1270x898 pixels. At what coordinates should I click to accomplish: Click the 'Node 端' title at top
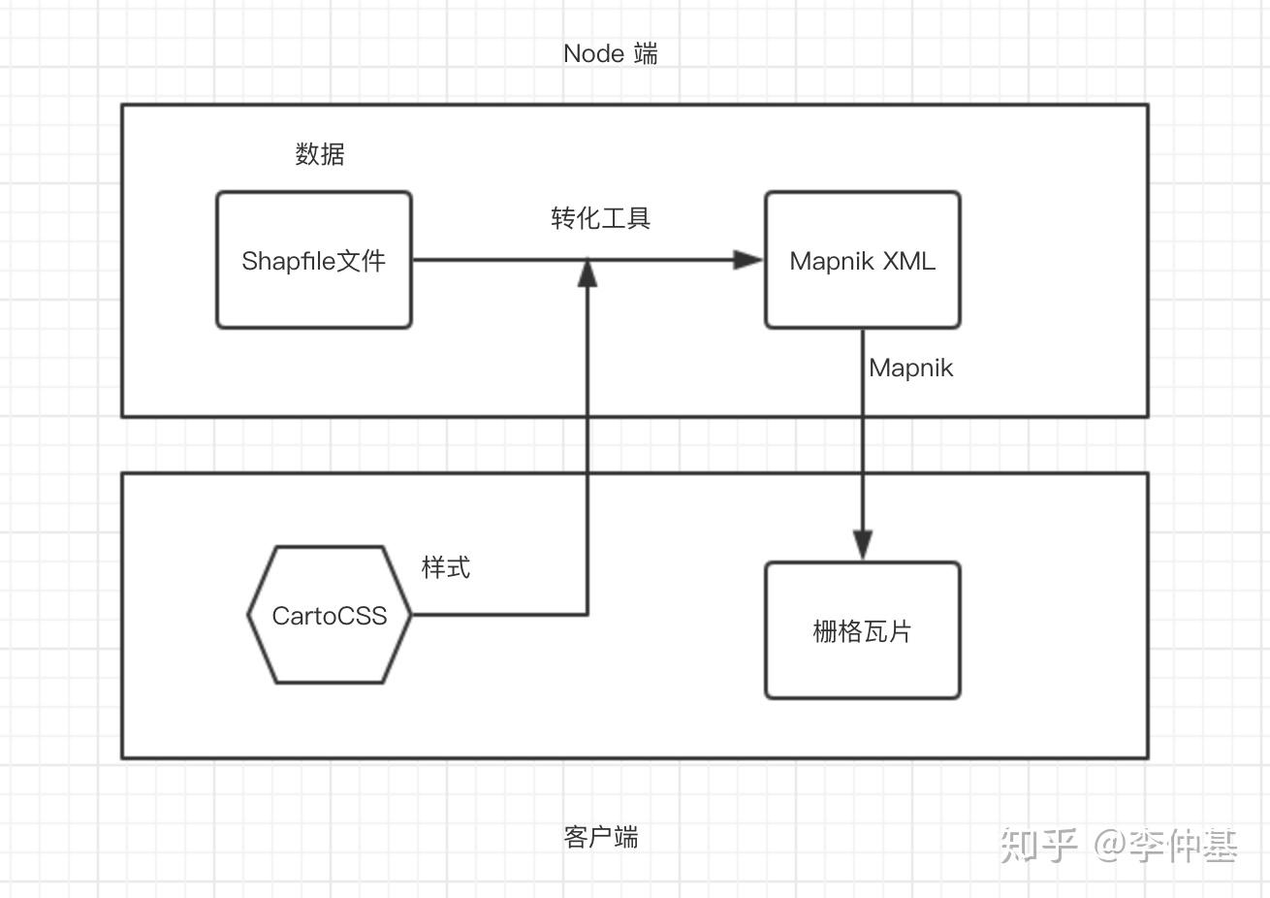point(610,53)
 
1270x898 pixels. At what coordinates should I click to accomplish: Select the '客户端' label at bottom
point(600,837)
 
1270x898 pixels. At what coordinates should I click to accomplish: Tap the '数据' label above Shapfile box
point(320,154)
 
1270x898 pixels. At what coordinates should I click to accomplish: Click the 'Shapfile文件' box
point(313,260)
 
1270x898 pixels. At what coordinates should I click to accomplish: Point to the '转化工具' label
point(600,218)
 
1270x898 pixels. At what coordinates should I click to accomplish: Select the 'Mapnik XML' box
point(862,260)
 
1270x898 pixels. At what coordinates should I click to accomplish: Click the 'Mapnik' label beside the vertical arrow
point(910,369)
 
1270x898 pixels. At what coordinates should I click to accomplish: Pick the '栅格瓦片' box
point(862,630)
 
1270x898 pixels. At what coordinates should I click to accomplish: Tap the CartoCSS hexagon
point(330,615)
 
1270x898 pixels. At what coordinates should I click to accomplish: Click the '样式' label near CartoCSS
point(446,567)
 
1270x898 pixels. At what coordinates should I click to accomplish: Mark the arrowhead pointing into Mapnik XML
point(747,259)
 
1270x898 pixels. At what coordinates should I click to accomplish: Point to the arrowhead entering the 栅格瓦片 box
point(863,545)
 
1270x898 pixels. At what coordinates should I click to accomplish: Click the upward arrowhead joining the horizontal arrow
point(587,273)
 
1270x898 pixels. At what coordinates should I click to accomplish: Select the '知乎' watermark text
point(1038,845)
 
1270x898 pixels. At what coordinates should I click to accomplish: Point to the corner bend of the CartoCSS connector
point(587,614)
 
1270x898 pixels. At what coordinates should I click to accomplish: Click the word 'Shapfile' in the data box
point(288,261)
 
